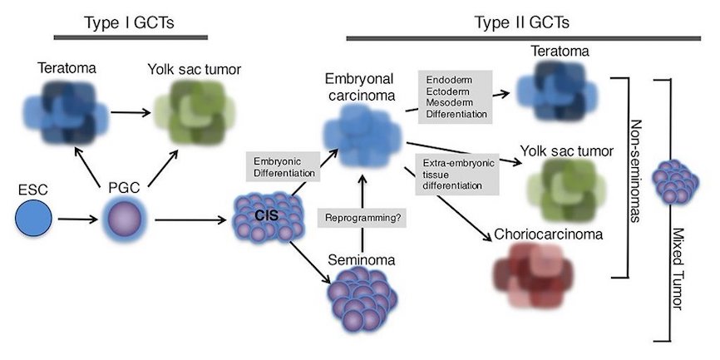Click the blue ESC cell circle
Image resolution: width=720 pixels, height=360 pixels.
[x=35, y=220]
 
